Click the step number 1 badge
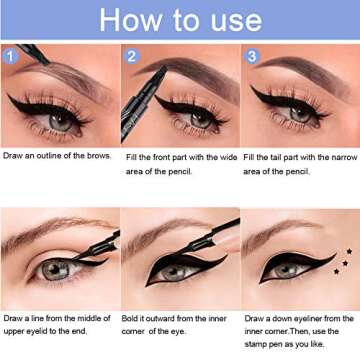click(x=10, y=56)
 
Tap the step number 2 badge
click(x=131, y=56)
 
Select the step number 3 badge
click(x=251, y=56)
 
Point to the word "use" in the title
click(x=238, y=20)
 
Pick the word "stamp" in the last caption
click(x=256, y=343)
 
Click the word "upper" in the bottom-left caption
click(x=14, y=330)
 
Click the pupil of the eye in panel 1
click(x=60, y=118)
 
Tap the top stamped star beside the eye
click(x=348, y=252)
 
